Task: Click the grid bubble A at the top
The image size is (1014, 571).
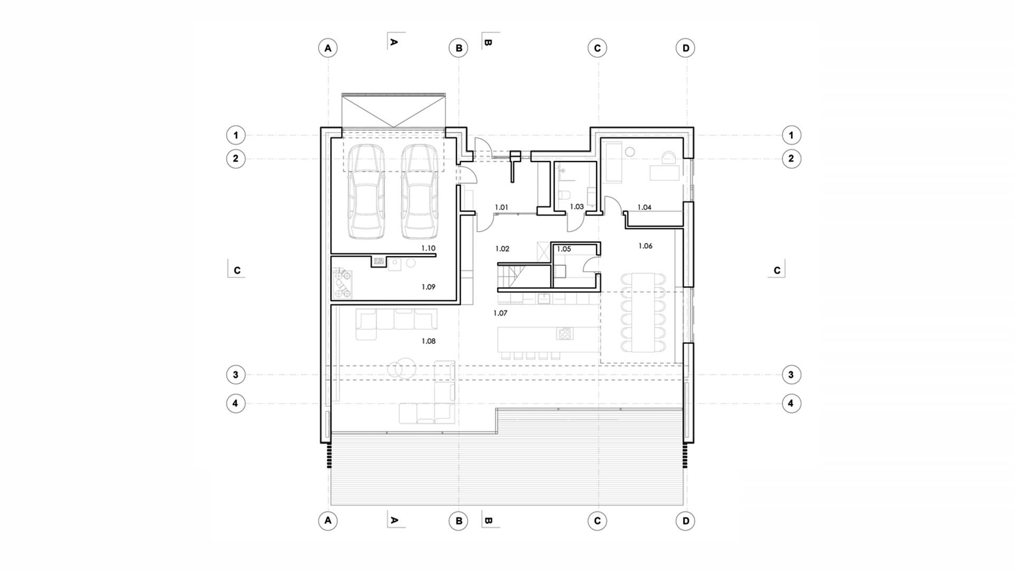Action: click(x=328, y=48)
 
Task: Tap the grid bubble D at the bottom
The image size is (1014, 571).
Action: click(x=686, y=521)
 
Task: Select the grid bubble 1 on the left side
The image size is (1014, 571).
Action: click(x=236, y=135)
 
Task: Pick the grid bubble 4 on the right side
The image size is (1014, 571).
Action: click(x=791, y=403)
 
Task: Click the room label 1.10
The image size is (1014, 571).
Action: click(x=428, y=248)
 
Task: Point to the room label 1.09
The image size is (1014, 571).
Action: click(x=428, y=287)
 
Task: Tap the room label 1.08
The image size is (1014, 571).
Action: click(x=428, y=341)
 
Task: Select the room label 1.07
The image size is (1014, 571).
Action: click(x=500, y=313)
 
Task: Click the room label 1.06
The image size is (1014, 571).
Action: click(x=645, y=246)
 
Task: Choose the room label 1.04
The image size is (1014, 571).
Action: click(x=644, y=207)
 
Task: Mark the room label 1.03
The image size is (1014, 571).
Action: click(x=577, y=207)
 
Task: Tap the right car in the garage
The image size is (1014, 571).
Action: click(x=420, y=191)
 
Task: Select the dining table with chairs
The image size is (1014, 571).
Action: click(x=643, y=312)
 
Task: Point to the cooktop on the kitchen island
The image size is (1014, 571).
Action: click(x=565, y=334)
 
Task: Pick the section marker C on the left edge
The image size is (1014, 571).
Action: click(x=237, y=269)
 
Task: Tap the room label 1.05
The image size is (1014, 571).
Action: click(x=564, y=248)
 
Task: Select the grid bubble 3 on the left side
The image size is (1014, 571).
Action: click(x=236, y=375)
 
